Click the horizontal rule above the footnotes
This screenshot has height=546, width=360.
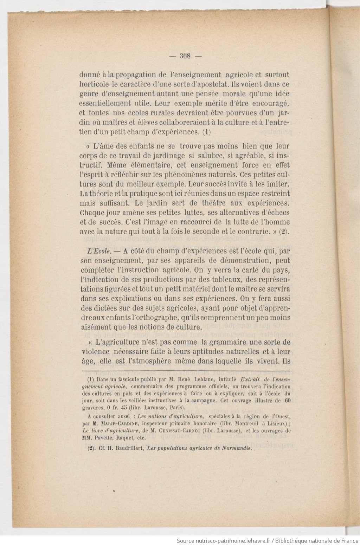(185, 371)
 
